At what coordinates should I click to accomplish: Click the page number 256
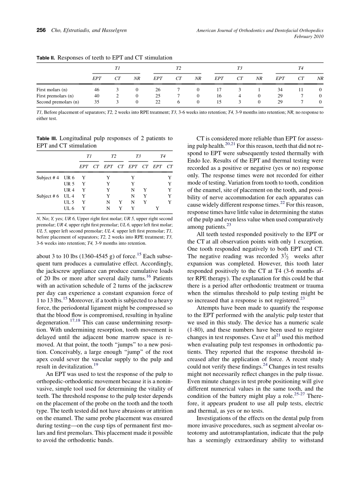(x=41, y=30)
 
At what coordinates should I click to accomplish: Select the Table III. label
(x=47, y=139)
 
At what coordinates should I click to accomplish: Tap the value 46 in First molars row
(x=97, y=90)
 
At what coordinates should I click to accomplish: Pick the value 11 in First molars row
(x=301, y=90)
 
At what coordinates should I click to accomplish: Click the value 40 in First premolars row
(x=97, y=96)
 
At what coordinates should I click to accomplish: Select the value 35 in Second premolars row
(x=97, y=102)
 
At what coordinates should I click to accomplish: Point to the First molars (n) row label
(x=52, y=90)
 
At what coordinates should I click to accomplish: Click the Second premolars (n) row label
(x=58, y=102)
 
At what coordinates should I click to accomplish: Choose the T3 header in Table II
(x=239, y=68)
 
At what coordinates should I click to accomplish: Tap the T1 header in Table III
(x=89, y=156)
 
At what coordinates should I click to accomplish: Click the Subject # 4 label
(x=48, y=178)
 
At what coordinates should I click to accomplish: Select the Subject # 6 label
(x=48, y=196)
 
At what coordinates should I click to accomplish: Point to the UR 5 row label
(x=69, y=184)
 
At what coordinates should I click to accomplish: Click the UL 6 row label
(x=69, y=208)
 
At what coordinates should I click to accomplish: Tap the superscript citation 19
(x=96, y=365)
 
